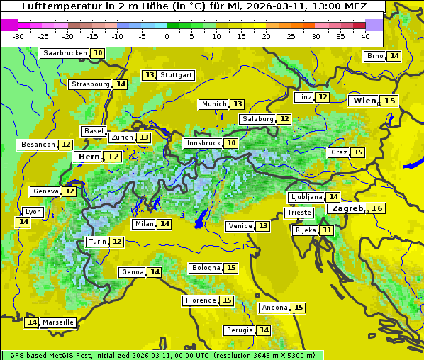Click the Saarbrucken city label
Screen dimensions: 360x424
click(65, 53)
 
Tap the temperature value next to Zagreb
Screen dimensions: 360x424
click(377, 208)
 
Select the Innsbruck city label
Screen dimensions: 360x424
click(203, 143)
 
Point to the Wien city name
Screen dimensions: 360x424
click(364, 101)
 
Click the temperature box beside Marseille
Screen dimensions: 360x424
click(31, 322)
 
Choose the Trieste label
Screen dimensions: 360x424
click(298, 213)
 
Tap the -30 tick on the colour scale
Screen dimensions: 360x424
click(18, 36)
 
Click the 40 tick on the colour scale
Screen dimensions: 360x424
click(365, 36)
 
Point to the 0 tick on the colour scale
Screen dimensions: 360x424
click(167, 36)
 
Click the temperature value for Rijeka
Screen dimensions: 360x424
click(326, 230)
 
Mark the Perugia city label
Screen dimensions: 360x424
click(240, 330)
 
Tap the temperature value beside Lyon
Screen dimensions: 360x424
click(23, 222)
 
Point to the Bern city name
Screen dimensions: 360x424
click(89, 157)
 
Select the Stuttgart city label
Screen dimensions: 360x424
click(177, 75)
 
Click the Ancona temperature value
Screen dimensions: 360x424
click(299, 308)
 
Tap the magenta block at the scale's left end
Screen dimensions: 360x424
click(10, 24)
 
